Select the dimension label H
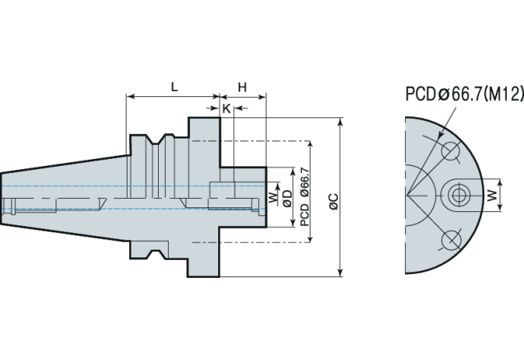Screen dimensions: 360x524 pyautogui.click(x=242, y=87)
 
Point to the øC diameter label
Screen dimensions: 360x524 pyautogui.click(x=333, y=202)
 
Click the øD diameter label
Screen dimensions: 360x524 pyautogui.click(x=288, y=198)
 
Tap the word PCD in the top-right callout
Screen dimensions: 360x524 pyautogui.click(x=421, y=95)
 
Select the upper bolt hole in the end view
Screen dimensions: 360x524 pyautogui.click(x=450, y=150)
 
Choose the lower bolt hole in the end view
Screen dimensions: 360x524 pyautogui.click(x=450, y=239)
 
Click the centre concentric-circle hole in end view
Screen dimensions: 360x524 pyautogui.click(x=458, y=194)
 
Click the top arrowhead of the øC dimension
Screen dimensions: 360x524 pyautogui.click(x=340, y=123)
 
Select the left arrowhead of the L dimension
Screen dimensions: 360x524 pyautogui.click(x=130, y=98)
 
